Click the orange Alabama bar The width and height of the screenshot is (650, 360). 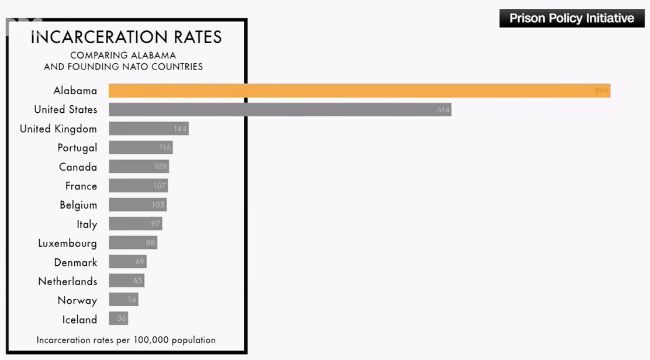click(359, 91)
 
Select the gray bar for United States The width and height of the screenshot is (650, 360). click(279, 110)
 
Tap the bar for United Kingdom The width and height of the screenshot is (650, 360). click(148, 129)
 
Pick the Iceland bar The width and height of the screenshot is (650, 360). click(118, 319)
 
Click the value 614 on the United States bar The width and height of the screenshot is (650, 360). click(443, 110)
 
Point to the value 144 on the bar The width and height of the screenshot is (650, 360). click(180, 129)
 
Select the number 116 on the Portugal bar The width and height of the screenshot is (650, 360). click(165, 148)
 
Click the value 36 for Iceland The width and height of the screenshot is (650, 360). click(122, 319)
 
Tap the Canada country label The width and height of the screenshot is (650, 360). click(78, 167)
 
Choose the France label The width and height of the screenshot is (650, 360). click(81, 186)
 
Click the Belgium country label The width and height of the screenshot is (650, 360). click(78, 205)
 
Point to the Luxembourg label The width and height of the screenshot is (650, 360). click(67, 243)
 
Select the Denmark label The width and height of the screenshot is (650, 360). click(75, 262)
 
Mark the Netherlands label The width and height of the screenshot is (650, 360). click(67, 282)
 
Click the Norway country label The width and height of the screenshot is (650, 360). click(77, 300)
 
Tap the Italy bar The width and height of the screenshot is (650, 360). click(135, 224)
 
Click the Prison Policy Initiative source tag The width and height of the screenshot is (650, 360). click(571, 18)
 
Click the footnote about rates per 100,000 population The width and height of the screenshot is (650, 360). click(126, 340)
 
